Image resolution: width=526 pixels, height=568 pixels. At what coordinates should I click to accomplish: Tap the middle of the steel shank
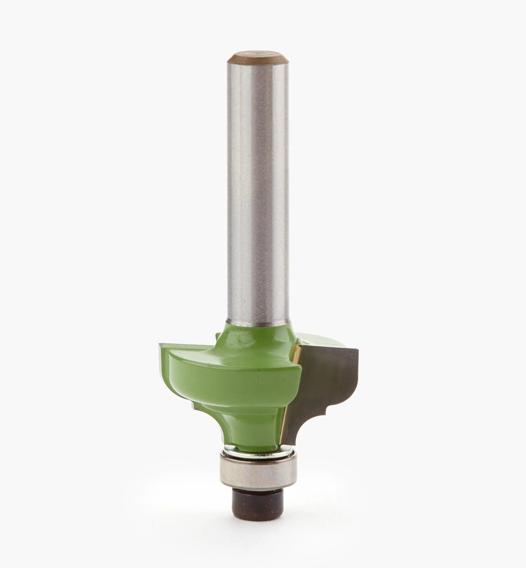[258, 185]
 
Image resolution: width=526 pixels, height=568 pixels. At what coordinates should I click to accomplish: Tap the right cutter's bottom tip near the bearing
[293, 443]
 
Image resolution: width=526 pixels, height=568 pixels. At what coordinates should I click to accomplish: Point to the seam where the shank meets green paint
[258, 322]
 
